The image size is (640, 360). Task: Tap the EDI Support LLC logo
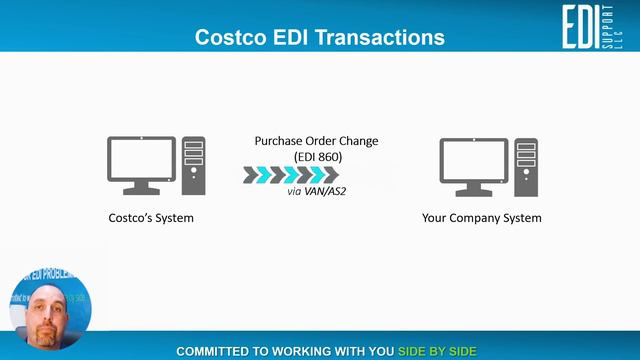point(592,26)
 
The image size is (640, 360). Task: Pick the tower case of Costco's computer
point(194,166)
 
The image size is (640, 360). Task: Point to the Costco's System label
point(151,217)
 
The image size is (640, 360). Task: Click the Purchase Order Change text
point(316,141)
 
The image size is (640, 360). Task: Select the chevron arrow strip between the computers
point(291,175)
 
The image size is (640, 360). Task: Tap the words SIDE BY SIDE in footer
point(437,351)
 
